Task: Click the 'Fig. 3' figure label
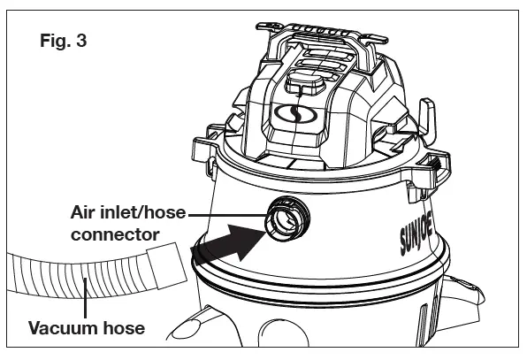pos(63,41)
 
